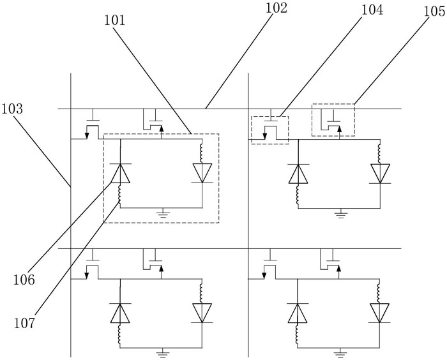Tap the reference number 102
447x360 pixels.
coord(277,8)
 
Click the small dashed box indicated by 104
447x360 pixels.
coord(269,130)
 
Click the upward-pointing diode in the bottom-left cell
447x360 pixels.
coord(120,313)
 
